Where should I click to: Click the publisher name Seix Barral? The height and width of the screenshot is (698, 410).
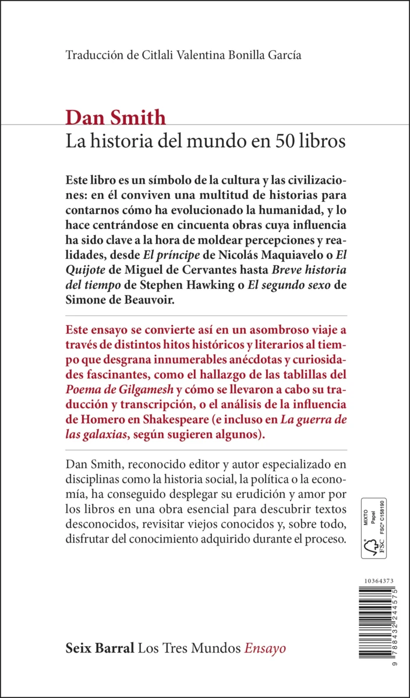100,648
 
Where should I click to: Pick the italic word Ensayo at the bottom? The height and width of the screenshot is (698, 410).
265,648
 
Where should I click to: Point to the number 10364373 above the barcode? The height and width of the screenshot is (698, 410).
378,581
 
